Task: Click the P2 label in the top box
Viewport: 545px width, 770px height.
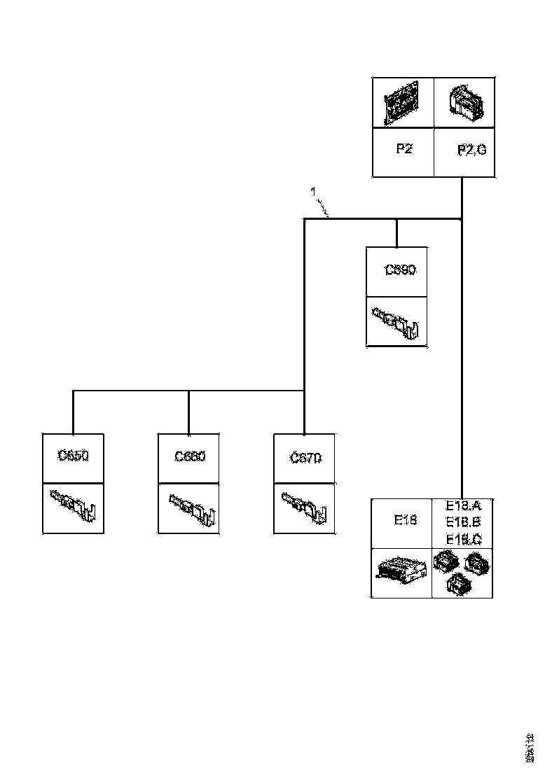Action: [x=403, y=149]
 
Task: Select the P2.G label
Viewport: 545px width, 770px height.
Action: [x=471, y=150]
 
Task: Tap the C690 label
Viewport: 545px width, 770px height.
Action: [x=401, y=270]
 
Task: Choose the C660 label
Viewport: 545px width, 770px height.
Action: [x=190, y=456]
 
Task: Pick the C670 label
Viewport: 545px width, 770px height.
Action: [x=305, y=458]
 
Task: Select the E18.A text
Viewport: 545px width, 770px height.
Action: [x=463, y=506]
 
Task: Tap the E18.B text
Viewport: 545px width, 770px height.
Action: [x=463, y=522]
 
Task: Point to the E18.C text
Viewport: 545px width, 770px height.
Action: [x=463, y=539]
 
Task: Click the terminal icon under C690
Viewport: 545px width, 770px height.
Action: [x=397, y=323]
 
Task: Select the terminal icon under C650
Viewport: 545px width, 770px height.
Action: [x=73, y=507]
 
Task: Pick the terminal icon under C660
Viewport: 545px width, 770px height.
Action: [x=190, y=508]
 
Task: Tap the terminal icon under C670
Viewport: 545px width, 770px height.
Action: [x=305, y=508]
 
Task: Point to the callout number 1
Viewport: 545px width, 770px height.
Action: [x=314, y=190]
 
